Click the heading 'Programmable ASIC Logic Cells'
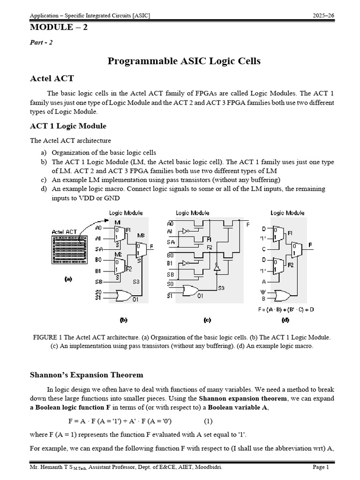point(184,61)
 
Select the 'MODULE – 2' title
point(59,27)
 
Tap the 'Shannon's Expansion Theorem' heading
point(87,375)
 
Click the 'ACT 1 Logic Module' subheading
point(68,126)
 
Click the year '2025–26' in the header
point(322,16)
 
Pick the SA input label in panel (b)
point(98,249)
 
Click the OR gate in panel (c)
point(190,292)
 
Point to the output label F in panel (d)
point(310,245)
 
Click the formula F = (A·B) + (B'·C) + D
point(285,309)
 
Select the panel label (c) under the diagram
point(207,321)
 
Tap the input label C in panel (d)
point(263,249)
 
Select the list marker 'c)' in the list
point(44,180)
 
